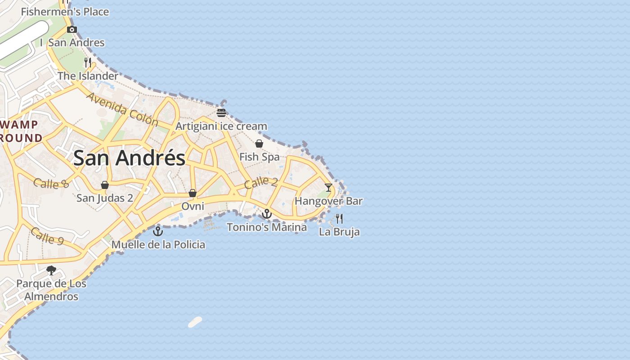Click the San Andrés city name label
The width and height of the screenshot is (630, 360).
point(129,158)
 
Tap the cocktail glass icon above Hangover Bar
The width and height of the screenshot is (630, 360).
point(328,187)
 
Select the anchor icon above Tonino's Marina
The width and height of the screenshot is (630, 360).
point(267,214)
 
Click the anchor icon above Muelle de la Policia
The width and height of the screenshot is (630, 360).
point(157,231)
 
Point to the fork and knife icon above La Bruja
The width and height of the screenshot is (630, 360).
point(339,219)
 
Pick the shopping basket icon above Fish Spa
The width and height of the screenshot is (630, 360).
point(259,144)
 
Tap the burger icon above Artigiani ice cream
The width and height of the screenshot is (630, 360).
point(221,112)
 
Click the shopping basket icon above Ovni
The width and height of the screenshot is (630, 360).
point(193,193)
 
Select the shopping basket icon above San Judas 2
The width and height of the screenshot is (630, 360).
point(105,185)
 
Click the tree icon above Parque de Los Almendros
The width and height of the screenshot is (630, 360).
point(51,270)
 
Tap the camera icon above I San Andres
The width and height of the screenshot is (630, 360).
point(72,30)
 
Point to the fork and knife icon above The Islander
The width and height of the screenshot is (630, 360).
point(88,62)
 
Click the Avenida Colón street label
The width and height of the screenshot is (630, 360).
point(122,109)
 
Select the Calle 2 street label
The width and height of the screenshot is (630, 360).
point(261,182)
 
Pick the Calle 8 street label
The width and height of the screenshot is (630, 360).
point(51,183)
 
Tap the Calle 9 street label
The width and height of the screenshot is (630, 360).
point(47,236)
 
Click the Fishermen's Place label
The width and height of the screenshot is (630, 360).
point(65,12)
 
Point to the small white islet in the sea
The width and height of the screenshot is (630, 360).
point(195,322)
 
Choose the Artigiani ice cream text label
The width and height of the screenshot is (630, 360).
point(221,126)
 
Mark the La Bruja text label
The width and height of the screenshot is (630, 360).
point(339,232)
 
